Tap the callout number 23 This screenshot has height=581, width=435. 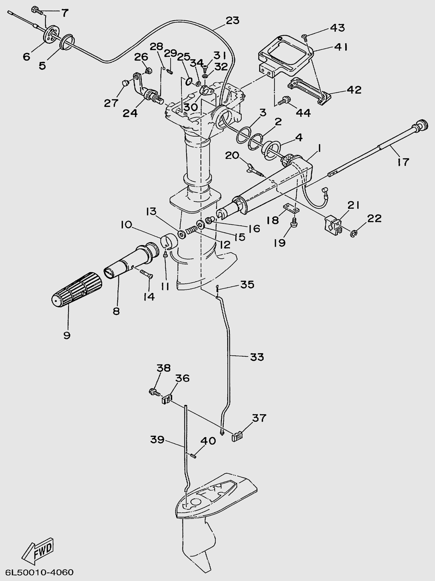(x=233, y=20)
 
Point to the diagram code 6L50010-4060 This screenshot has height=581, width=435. (x=39, y=572)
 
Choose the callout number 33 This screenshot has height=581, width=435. (x=257, y=357)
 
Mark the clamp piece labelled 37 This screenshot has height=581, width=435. (x=237, y=436)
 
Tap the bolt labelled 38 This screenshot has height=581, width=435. (x=154, y=391)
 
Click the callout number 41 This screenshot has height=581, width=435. (x=341, y=47)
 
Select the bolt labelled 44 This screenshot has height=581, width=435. (x=285, y=100)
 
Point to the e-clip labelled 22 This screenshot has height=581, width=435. (x=354, y=234)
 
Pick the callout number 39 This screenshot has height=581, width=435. (x=157, y=440)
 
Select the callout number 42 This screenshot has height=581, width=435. (x=354, y=89)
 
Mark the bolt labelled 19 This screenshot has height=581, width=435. (x=294, y=222)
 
